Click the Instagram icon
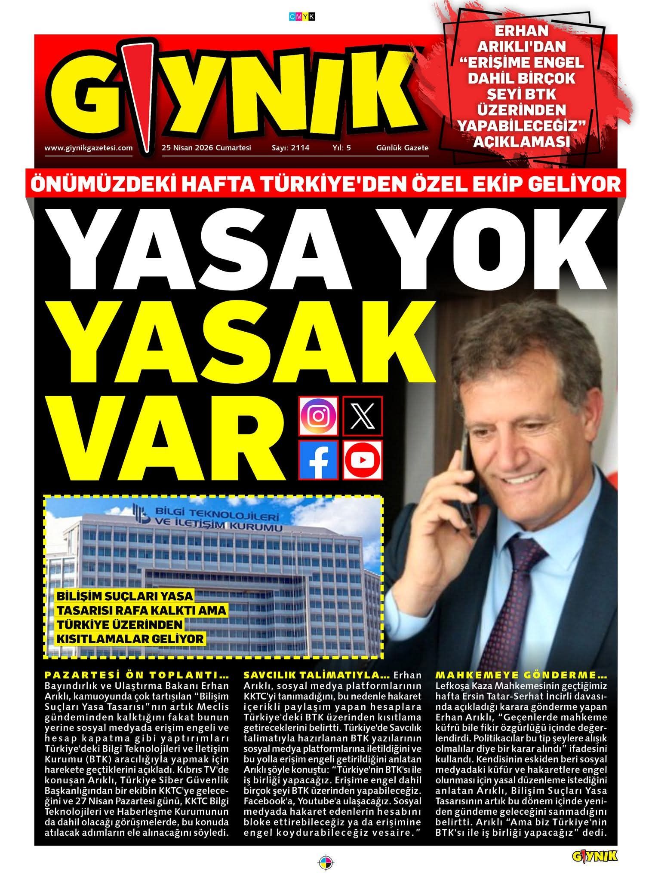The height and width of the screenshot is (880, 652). click(318, 416)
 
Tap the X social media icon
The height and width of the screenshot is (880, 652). click(363, 416)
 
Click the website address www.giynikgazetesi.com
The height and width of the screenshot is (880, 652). click(88, 148)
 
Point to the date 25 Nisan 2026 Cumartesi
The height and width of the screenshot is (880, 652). click(206, 148)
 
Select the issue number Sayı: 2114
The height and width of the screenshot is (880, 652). click(290, 148)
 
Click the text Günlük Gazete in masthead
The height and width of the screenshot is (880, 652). click(402, 148)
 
